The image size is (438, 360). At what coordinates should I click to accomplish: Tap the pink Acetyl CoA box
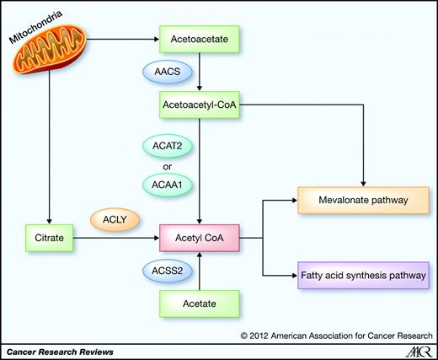coord(200,239)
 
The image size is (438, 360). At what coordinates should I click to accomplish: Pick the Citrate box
coord(46,239)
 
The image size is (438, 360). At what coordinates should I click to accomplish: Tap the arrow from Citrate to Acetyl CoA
coord(118,239)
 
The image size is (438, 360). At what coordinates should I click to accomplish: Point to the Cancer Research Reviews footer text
coord(59,349)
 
